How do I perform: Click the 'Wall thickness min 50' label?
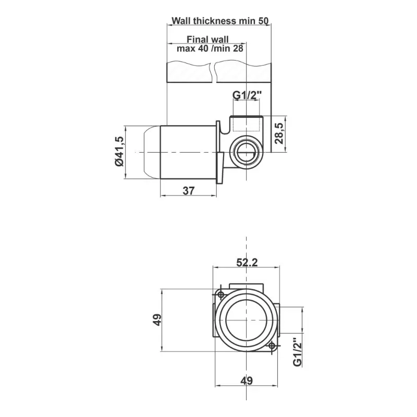(x=220, y=21)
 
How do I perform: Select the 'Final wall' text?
(x=207, y=40)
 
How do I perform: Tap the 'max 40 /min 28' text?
(x=210, y=48)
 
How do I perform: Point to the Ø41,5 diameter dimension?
(x=119, y=151)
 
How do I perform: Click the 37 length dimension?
(x=189, y=190)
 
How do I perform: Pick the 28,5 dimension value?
(x=279, y=133)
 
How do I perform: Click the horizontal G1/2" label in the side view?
(x=247, y=95)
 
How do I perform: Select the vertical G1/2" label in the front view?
(x=298, y=352)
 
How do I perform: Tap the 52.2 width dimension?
(x=247, y=263)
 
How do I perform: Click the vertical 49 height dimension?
(x=157, y=320)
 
